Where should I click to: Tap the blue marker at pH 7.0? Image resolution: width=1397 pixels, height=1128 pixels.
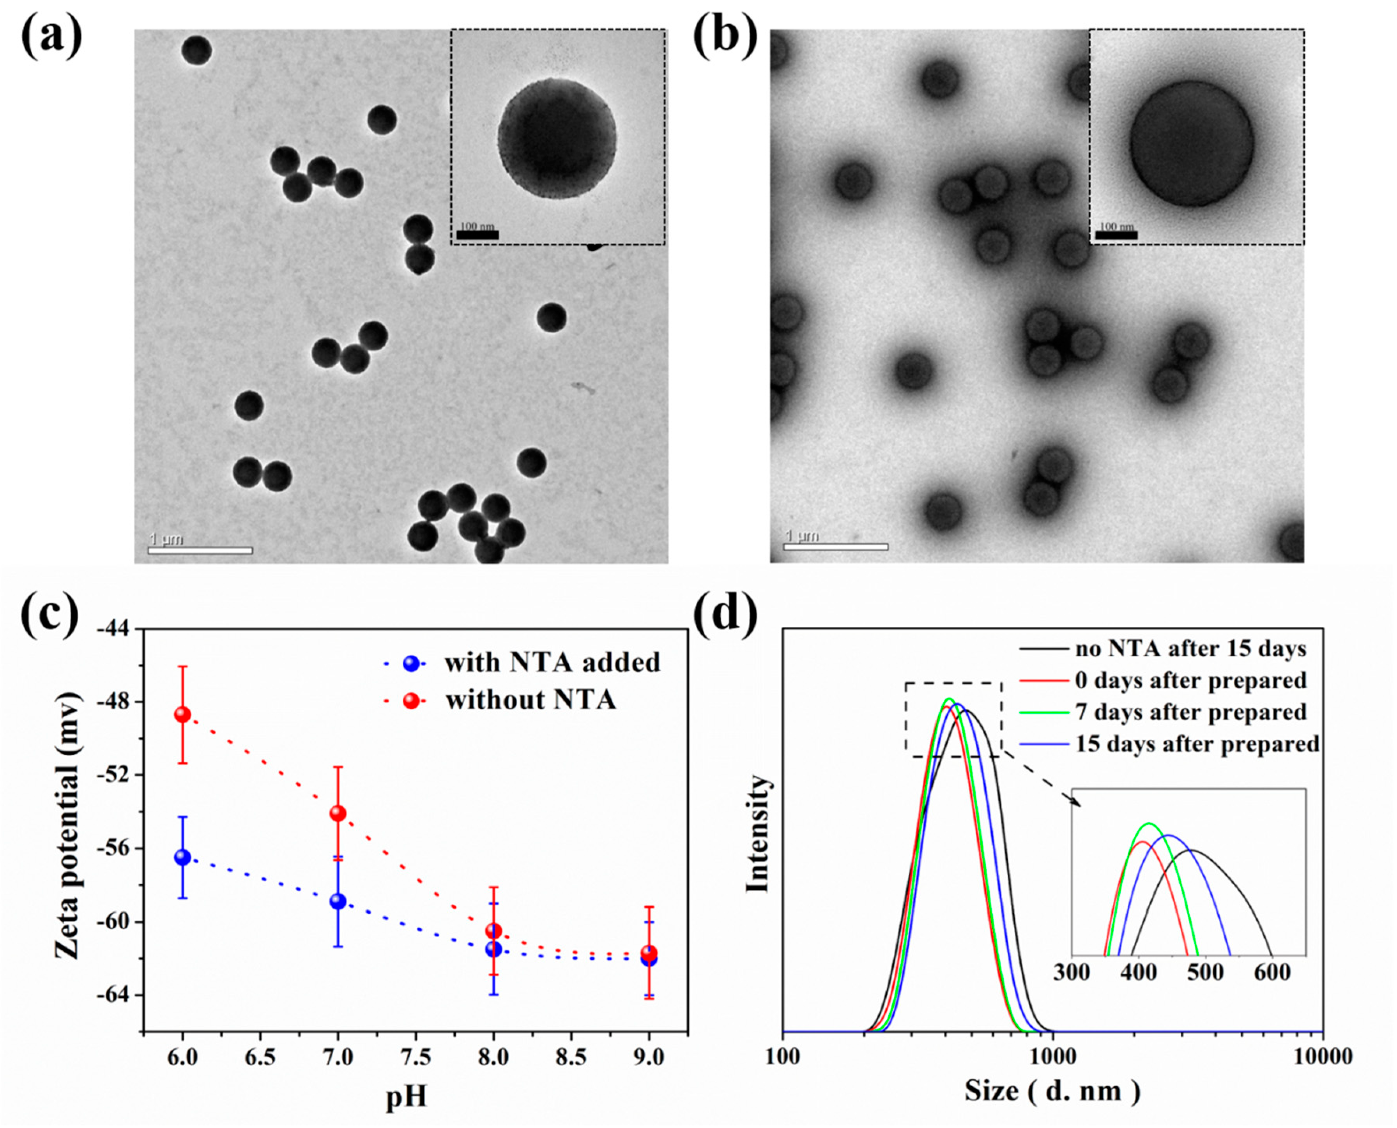coord(338,901)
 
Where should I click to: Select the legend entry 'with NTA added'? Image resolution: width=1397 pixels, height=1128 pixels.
coord(552,663)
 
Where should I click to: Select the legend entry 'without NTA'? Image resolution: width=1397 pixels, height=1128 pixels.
coord(530,700)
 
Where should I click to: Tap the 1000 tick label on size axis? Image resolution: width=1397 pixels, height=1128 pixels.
coord(1053,1057)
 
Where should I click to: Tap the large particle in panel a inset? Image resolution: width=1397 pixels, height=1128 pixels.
coord(557,138)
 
